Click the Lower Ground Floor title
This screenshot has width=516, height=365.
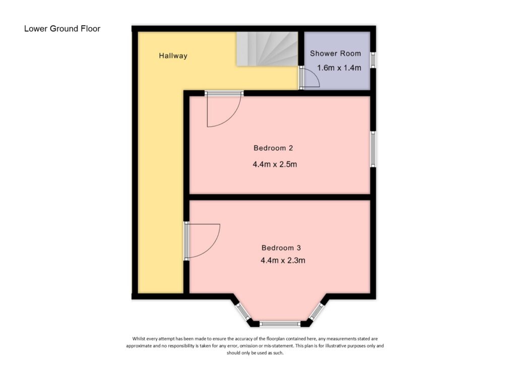coord(62,29)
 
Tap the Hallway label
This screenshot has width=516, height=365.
coord(173,56)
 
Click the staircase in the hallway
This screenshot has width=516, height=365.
coord(267,48)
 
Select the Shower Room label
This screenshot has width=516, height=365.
coord(335,53)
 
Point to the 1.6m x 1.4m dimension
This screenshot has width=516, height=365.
coord(339,68)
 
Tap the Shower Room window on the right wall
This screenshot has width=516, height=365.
coord(373,59)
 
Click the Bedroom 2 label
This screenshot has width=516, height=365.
coord(273,148)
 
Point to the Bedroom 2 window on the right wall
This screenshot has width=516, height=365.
coord(373,149)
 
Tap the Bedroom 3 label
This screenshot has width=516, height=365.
coord(281,248)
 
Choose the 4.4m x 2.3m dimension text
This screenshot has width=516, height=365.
coord(283,261)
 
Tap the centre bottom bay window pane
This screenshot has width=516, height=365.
coord(280,324)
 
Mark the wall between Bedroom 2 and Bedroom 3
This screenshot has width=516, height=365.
coord(280,197)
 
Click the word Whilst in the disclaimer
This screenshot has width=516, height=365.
coord(141,338)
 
